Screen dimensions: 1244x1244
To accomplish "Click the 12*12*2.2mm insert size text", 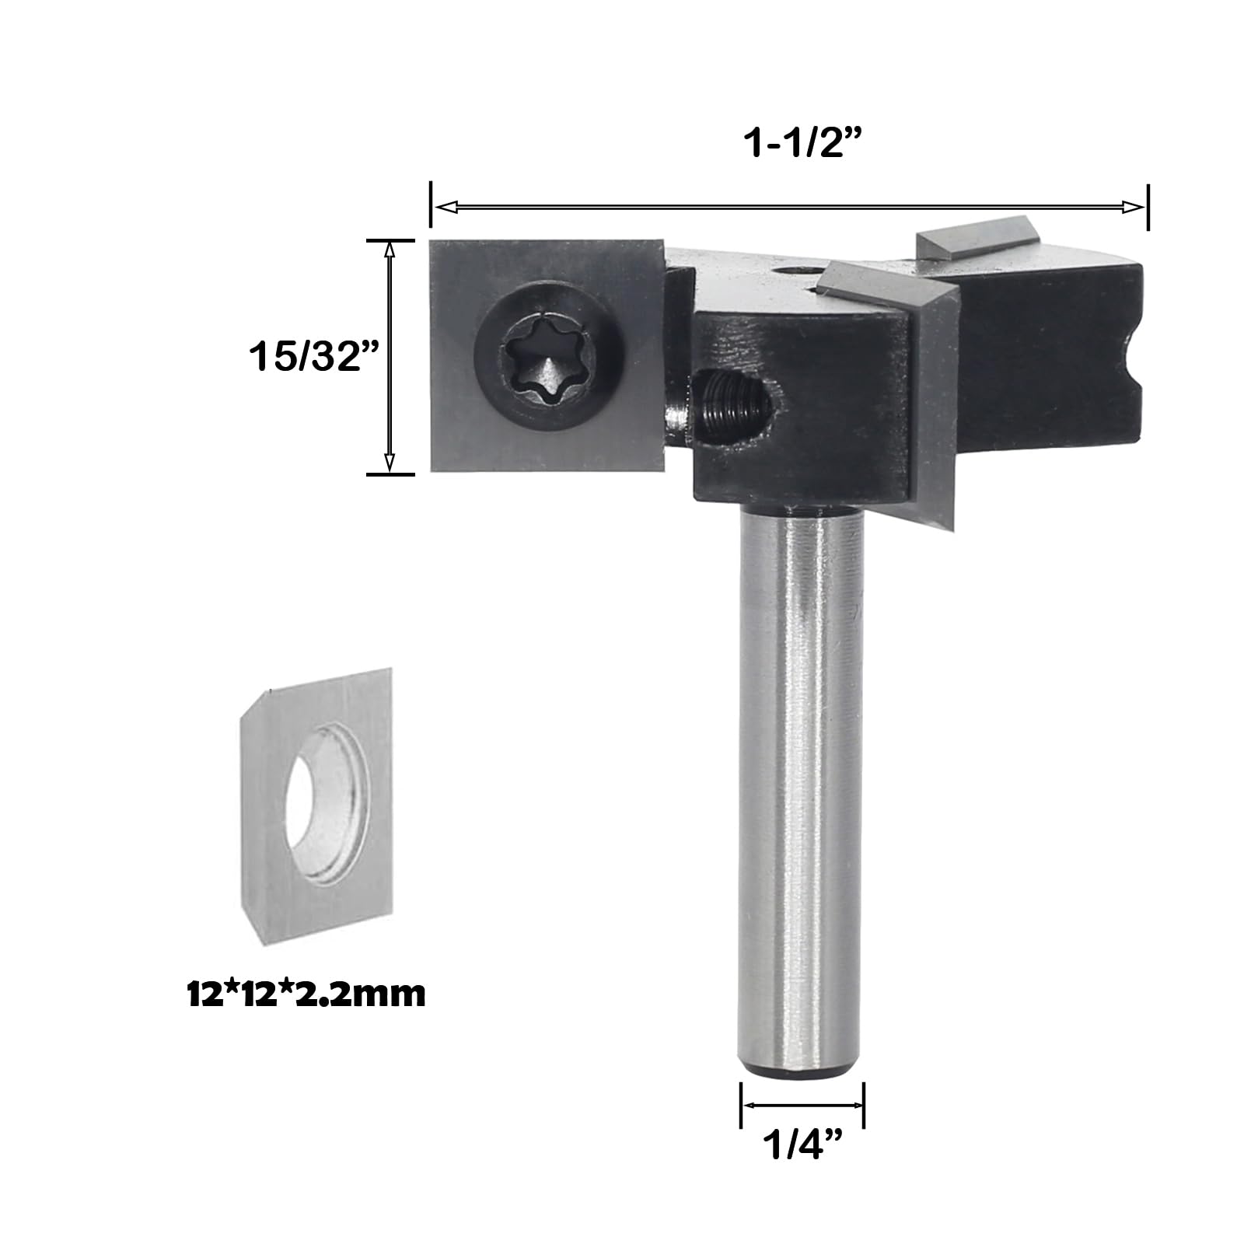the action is pyautogui.click(x=306, y=994).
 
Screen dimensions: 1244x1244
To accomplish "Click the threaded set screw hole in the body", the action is pyautogui.click(x=732, y=400).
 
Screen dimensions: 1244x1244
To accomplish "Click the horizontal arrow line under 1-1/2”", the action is pyautogui.click(x=789, y=206).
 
